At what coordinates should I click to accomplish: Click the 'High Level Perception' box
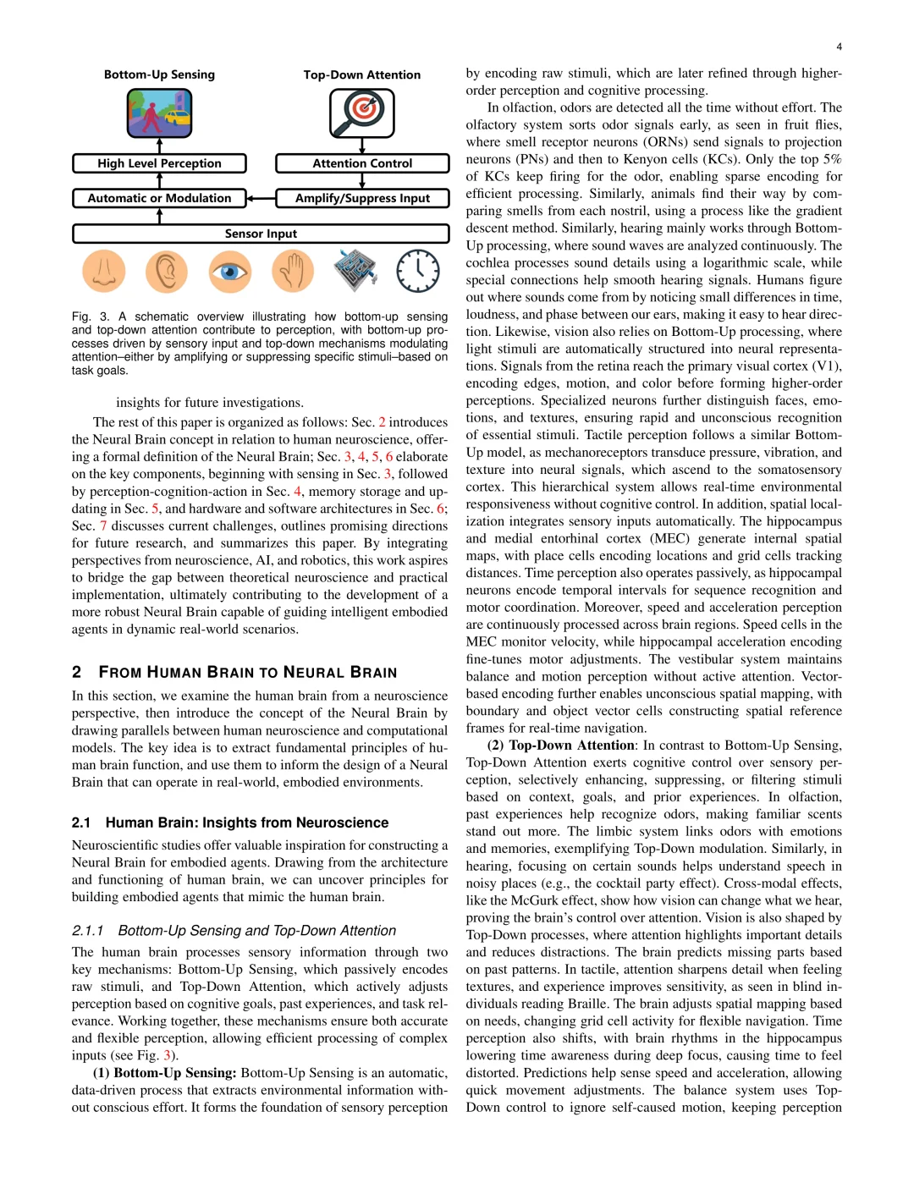(x=159, y=163)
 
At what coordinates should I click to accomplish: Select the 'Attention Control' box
(x=362, y=163)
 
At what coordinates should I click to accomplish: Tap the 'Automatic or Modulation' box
(x=159, y=198)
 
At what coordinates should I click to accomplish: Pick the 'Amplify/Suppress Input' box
(x=362, y=198)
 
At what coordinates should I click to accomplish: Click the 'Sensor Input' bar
(x=261, y=234)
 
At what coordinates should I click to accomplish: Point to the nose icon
(x=104, y=271)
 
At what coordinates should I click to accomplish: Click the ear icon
(x=167, y=271)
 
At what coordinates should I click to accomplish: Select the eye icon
(x=229, y=271)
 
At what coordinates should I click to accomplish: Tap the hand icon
(x=292, y=271)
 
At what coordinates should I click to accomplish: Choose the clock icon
(x=418, y=271)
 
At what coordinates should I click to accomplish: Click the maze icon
(x=355, y=271)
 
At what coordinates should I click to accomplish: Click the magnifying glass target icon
(x=362, y=113)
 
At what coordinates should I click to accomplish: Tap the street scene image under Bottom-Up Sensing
(x=159, y=113)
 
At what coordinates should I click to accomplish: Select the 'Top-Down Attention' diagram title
(x=362, y=74)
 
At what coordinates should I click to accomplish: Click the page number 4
(x=839, y=47)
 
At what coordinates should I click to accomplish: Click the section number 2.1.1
(x=88, y=931)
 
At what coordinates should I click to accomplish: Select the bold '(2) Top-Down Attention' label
(x=560, y=746)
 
